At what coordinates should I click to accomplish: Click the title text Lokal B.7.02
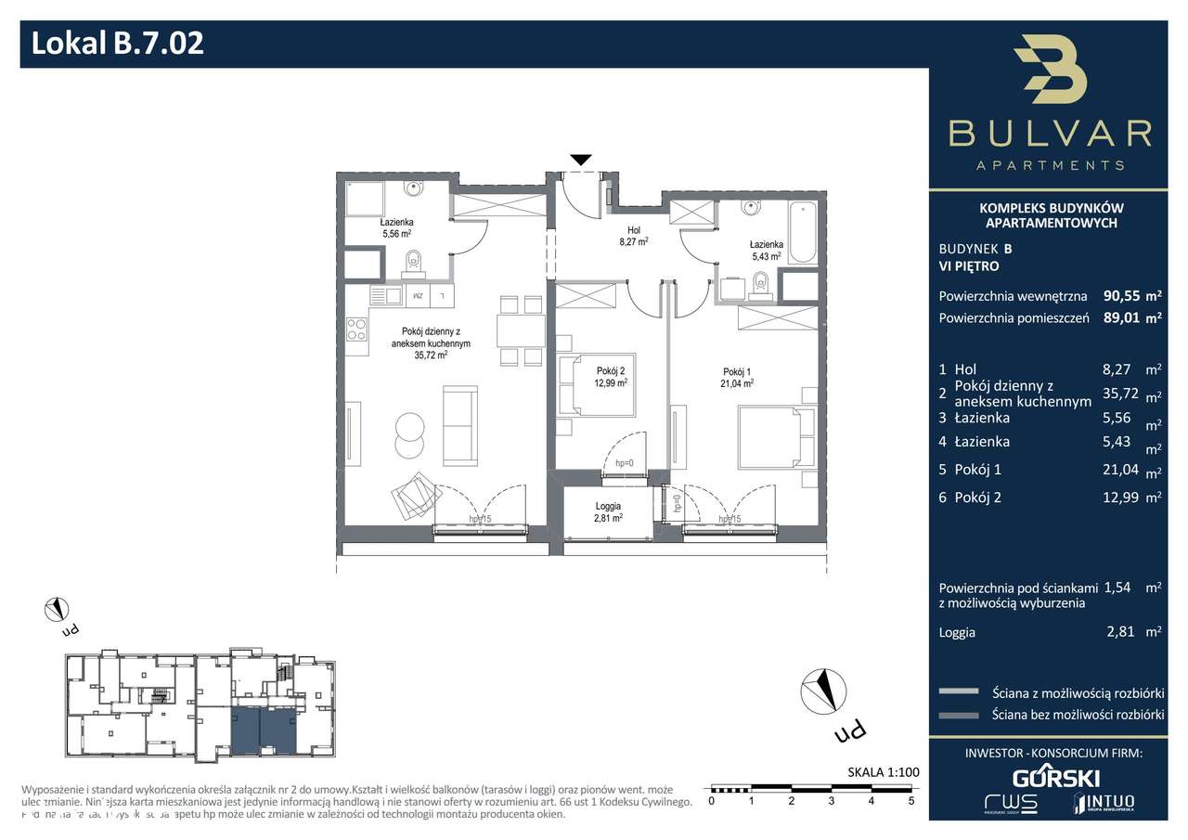click(118, 44)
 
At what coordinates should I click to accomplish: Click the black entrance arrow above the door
click(580, 160)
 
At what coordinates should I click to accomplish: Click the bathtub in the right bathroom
click(803, 231)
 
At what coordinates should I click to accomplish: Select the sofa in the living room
click(459, 426)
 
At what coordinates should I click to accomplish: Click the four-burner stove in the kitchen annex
click(357, 330)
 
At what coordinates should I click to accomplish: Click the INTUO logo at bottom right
click(1104, 802)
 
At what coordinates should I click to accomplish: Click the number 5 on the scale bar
click(911, 799)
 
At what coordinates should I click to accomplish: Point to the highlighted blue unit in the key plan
click(262, 730)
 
